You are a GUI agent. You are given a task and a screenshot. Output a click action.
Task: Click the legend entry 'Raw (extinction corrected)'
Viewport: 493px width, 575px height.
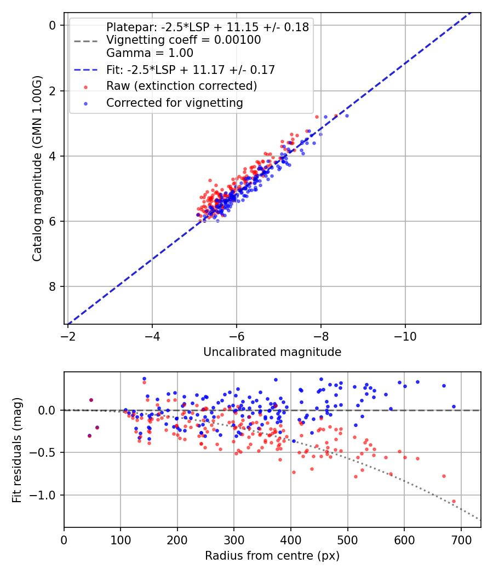point(181,86)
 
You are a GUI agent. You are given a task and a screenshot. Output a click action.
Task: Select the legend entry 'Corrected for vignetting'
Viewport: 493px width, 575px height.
point(174,102)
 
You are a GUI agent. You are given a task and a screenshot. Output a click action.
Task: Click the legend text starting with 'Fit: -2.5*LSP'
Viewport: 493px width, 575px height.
point(190,70)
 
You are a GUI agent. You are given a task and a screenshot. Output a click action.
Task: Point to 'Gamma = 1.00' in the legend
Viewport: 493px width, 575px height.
point(150,53)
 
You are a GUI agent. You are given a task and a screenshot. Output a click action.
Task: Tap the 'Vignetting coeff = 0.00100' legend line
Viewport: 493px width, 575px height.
point(184,40)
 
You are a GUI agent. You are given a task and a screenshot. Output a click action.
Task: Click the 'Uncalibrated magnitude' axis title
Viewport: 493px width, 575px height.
point(272,352)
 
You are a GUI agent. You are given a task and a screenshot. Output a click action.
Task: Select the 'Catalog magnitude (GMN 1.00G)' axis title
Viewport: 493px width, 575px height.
point(37,169)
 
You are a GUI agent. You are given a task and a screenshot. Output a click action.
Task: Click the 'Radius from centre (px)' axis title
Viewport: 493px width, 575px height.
point(272,556)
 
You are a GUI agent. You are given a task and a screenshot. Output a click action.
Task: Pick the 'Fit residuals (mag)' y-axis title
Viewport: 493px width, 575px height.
point(17,450)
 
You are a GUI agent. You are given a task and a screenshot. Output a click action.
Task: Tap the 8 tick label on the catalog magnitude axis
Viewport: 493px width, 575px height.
point(52,286)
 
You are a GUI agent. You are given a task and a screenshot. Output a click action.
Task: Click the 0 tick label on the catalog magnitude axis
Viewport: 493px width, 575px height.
point(52,25)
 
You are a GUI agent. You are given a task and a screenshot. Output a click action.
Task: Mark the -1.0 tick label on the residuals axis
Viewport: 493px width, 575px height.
point(45,495)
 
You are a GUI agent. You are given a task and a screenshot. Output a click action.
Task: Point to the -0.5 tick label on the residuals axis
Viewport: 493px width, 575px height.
point(45,452)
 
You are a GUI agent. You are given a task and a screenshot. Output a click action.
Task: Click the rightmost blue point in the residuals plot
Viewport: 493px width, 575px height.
point(454,406)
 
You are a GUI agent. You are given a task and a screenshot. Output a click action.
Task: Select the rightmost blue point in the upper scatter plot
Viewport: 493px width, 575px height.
point(347,116)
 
